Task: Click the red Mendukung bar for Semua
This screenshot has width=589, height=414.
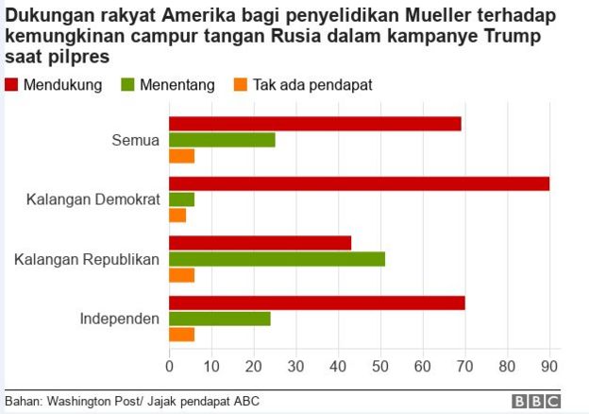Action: (x=314, y=124)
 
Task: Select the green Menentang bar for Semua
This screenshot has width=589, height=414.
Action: (x=222, y=140)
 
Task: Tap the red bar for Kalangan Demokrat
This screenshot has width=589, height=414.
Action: (x=359, y=183)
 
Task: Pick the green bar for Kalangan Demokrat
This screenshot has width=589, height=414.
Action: (x=181, y=199)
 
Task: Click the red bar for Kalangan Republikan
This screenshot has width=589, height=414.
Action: (x=260, y=243)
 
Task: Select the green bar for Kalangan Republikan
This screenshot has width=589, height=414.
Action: (x=277, y=259)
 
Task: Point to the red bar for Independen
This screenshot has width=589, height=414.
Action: (x=316, y=302)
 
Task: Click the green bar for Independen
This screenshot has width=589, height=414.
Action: (x=219, y=319)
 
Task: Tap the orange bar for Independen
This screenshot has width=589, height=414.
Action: (x=181, y=335)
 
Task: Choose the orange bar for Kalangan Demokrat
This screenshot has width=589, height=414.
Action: (x=177, y=216)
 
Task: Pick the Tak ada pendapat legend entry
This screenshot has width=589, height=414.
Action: (x=301, y=85)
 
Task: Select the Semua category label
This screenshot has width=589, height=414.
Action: (x=135, y=140)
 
